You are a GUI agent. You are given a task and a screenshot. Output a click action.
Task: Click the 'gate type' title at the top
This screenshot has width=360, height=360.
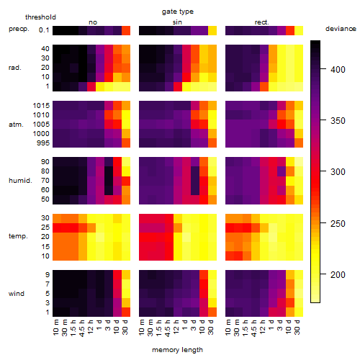(178, 12)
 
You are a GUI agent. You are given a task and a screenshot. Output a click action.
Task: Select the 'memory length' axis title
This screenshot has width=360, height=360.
(177, 350)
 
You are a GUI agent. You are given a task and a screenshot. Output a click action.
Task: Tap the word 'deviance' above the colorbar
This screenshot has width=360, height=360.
(341, 29)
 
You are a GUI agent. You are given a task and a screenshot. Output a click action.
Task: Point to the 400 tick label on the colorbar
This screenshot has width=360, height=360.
(338, 70)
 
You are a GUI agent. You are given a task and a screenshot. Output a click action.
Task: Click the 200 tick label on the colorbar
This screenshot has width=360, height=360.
(338, 274)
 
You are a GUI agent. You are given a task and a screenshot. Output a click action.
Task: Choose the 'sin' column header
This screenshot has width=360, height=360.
(177, 22)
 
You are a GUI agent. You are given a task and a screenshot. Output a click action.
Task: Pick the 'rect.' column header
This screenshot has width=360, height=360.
(261, 22)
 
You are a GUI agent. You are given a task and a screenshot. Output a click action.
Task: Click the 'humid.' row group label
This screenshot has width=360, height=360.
(20, 181)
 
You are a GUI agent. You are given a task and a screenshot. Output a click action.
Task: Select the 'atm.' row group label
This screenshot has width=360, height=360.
(16, 125)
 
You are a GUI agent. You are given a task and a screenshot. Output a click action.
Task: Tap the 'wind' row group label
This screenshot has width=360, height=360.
(17, 294)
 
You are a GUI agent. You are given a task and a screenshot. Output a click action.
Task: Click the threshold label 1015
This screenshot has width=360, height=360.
(41, 106)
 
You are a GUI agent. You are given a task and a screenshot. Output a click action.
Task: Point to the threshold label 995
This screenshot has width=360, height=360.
(43, 143)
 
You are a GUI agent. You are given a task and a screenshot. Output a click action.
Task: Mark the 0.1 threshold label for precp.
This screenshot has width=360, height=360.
(44, 30)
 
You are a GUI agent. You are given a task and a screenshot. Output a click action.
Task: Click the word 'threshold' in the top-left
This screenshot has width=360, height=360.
(40, 17)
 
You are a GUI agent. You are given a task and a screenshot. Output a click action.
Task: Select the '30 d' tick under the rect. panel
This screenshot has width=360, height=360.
(297, 327)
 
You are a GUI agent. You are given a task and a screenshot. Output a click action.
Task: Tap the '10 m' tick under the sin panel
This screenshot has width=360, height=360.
(142, 328)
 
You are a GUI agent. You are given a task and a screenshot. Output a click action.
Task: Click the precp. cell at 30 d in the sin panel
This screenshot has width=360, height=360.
(212, 30)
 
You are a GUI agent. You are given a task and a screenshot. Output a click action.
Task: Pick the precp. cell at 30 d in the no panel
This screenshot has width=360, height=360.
(126, 30)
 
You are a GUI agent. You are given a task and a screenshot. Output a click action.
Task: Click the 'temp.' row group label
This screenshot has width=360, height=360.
(18, 236)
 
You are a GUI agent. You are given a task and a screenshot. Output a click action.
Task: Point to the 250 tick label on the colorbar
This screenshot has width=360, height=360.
(338, 224)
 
